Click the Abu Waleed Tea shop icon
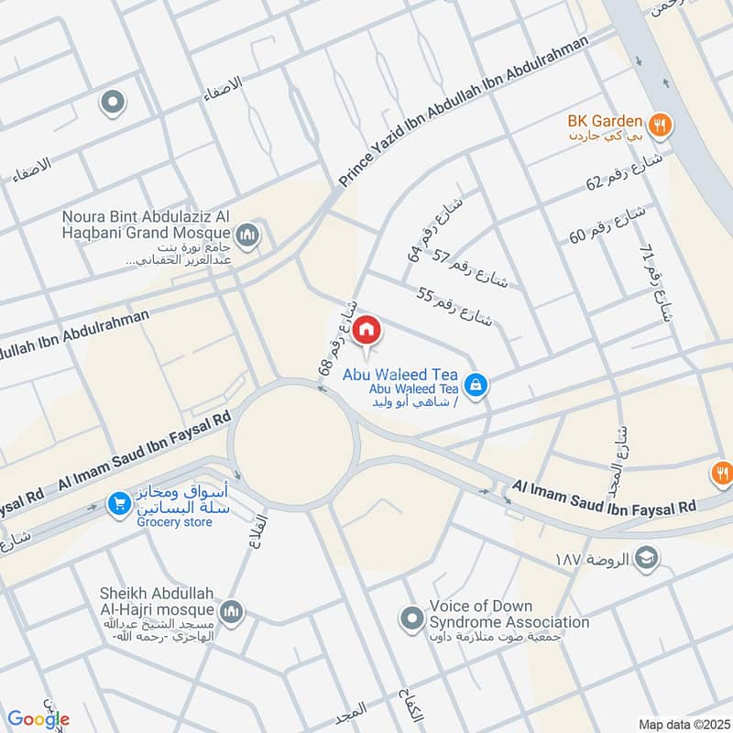coord(475,385)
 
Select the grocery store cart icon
coord(118,503)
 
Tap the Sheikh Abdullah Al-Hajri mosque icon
coord(232,611)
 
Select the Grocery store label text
coord(174,522)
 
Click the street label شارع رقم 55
coord(454,307)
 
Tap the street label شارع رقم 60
coord(607,224)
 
